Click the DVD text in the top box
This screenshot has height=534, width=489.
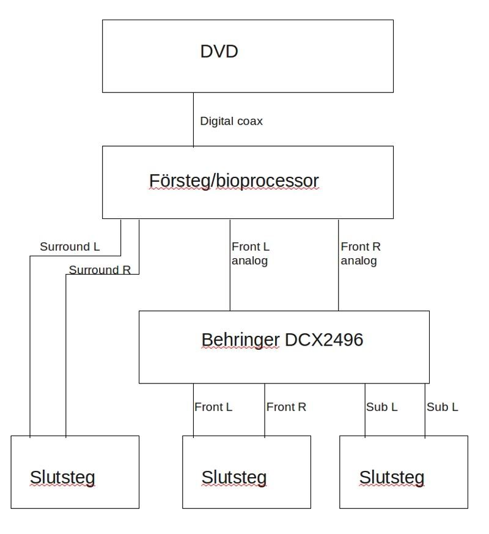point(219,51)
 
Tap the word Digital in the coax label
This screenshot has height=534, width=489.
point(215,121)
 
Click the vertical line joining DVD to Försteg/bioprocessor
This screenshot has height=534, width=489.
point(193,119)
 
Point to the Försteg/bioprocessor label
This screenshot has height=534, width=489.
point(234,181)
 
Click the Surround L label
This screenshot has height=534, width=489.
point(70,247)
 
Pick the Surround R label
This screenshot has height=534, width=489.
point(100,270)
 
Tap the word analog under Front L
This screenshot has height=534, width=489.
point(250,261)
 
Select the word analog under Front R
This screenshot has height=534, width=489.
point(359,261)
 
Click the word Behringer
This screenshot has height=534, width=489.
point(241,340)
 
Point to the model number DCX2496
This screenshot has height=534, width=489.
point(324,340)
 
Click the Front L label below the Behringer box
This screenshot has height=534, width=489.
point(213,407)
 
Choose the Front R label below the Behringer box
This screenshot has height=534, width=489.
point(286,407)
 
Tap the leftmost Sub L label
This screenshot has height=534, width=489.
point(382,407)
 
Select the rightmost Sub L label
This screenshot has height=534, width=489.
point(443,407)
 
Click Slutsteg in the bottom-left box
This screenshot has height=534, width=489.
point(62,478)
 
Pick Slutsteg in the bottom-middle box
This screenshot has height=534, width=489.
point(233,478)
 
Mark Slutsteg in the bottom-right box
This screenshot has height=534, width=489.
point(392,478)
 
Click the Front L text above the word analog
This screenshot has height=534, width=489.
point(251,247)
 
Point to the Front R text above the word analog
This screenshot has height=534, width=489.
point(361,247)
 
